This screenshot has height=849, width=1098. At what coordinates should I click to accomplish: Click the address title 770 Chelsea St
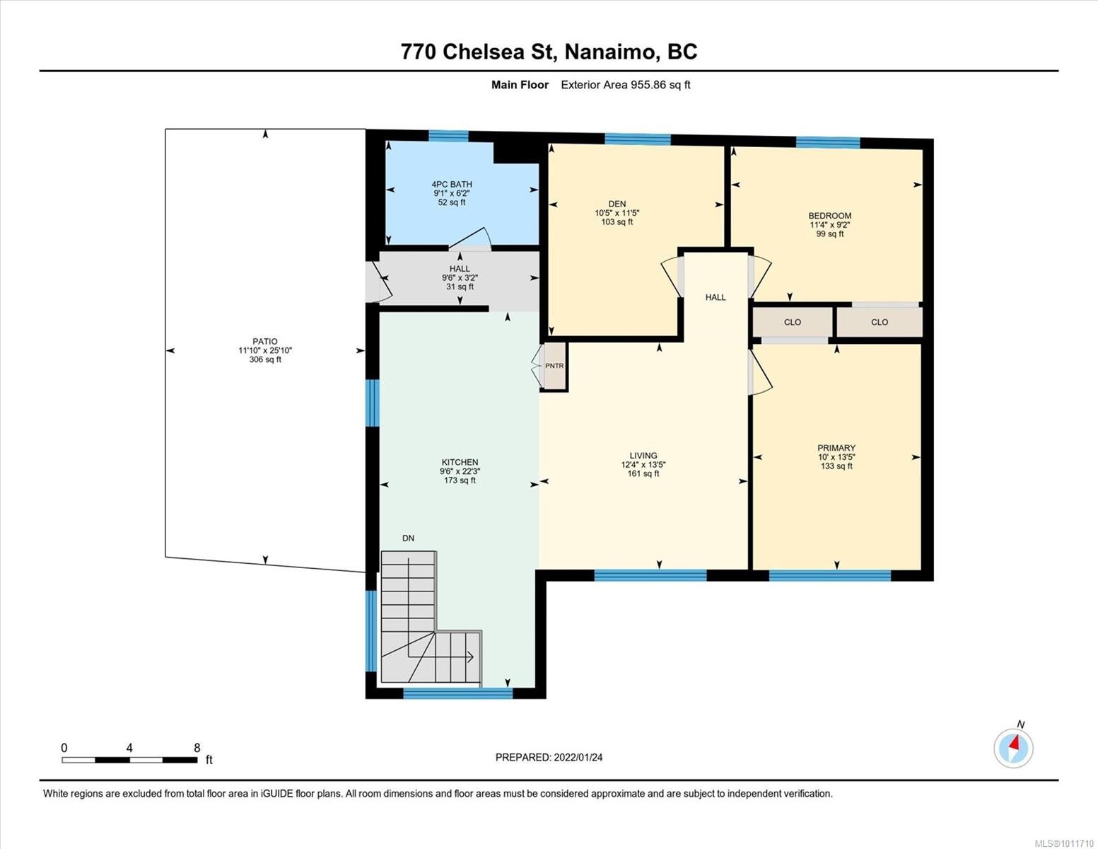click(x=549, y=52)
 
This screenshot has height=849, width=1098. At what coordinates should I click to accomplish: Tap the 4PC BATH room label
click(x=452, y=184)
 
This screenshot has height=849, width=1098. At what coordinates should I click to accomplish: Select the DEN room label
click(x=617, y=204)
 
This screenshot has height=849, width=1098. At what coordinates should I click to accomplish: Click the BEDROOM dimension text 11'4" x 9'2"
click(x=829, y=225)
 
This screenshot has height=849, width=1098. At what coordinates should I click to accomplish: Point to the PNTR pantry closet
click(x=554, y=366)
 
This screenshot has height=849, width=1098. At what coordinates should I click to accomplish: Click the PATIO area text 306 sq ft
click(x=265, y=359)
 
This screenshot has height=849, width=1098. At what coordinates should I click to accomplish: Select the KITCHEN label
click(x=460, y=462)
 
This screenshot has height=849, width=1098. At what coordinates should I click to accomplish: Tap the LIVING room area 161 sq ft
click(x=643, y=474)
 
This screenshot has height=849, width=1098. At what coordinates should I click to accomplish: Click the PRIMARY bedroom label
click(x=836, y=448)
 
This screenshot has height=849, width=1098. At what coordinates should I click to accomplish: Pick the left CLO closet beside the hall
click(x=792, y=322)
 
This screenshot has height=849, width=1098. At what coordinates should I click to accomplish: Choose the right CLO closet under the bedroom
click(x=879, y=322)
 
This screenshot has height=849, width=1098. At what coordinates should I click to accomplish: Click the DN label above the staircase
click(x=408, y=538)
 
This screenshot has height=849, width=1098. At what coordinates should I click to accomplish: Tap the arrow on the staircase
click(x=469, y=657)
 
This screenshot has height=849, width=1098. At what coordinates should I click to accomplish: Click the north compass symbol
click(x=1013, y=747)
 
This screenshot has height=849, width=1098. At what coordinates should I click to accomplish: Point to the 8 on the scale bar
click(x=197, y=748)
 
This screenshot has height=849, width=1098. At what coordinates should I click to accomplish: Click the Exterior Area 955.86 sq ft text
click(x=625, y=85)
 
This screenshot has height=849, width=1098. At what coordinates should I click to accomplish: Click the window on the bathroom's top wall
click(x=448, y=136)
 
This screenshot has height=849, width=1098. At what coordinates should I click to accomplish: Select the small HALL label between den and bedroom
click(x=715, y=297)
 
